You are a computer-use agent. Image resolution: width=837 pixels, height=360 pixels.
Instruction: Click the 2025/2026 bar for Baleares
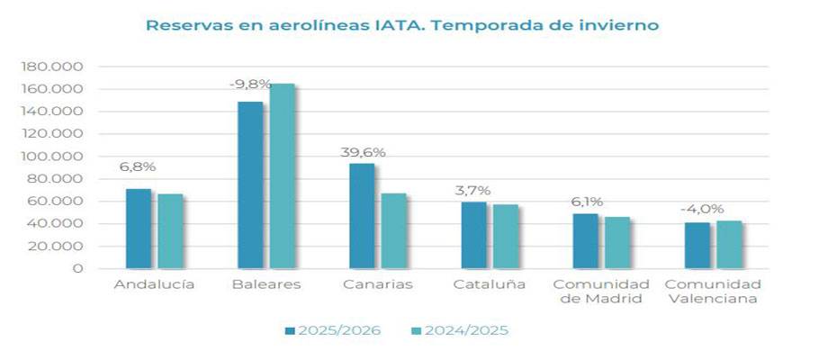tap(250, 184)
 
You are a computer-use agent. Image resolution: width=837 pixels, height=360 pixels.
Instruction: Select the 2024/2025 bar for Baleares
tap(282, 176)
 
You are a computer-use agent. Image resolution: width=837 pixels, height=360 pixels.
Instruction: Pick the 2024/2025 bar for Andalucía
tap(170, 231)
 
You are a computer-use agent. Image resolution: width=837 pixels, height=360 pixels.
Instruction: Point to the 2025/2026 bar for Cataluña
tap(473, 235)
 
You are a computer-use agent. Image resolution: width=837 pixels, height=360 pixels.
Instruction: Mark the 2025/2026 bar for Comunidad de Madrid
tap(585, 241)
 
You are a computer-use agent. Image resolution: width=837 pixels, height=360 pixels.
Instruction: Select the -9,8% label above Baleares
tap(250, 85)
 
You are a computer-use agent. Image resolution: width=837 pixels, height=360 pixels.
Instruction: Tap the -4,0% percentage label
tap(698, 210)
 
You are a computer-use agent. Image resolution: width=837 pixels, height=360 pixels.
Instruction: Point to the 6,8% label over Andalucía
tap(138, 167)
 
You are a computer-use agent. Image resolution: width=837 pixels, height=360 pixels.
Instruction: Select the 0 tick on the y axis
tap(78, 268)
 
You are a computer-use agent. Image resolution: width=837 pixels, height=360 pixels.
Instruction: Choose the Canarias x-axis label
tap(377, 284)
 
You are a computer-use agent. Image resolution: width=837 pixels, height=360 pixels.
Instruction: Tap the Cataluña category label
tap(490, 284)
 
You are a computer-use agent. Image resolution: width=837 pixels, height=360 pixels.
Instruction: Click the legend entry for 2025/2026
tap(340, 330)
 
